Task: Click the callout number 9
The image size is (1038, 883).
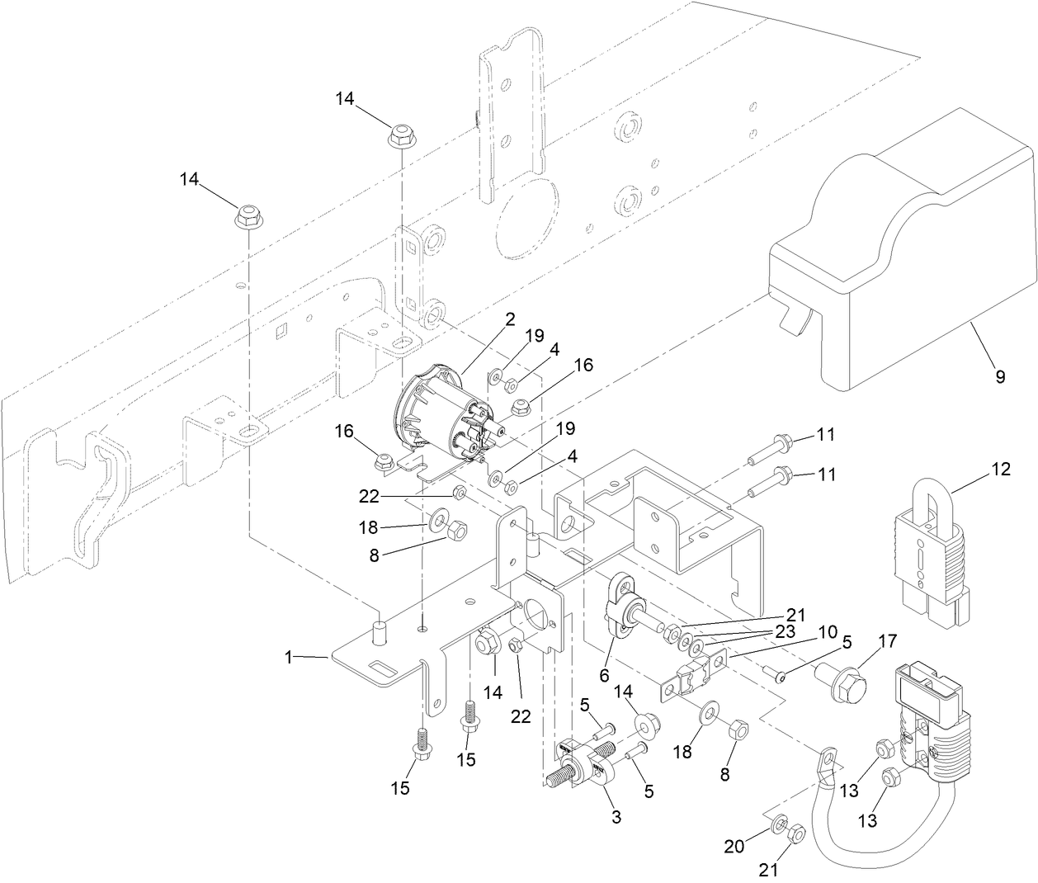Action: pyautogui.click(x=1000, y=377)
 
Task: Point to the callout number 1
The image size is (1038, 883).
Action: pyautogui.click(x=289, y=657)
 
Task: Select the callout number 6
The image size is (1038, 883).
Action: pyautogui.click(x=604, y=675)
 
